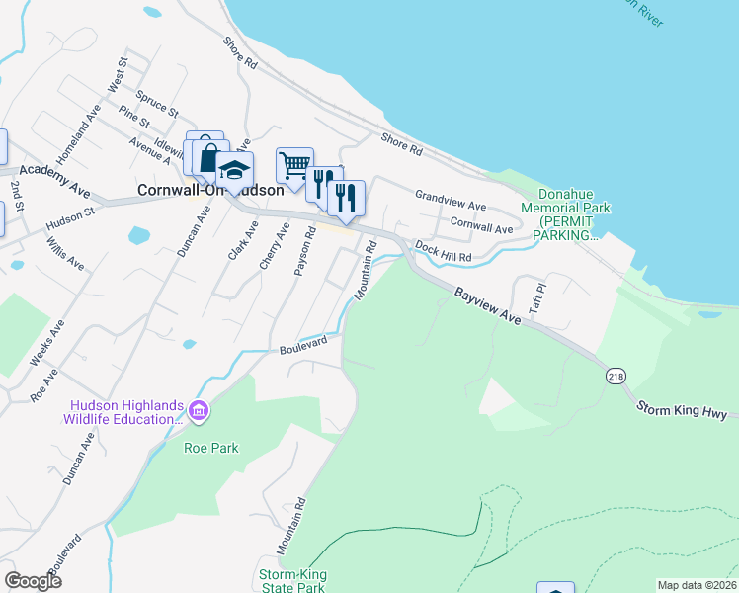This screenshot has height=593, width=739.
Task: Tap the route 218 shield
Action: (615, 377)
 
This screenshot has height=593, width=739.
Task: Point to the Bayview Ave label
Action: (487, 306)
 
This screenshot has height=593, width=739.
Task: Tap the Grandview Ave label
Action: (451, 202)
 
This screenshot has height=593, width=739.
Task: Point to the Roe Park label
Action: (211, 448)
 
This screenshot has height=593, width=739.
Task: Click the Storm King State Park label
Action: (291, 581)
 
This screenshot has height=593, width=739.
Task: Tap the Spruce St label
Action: (158, 102)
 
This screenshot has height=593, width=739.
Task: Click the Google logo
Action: (34, 581)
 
